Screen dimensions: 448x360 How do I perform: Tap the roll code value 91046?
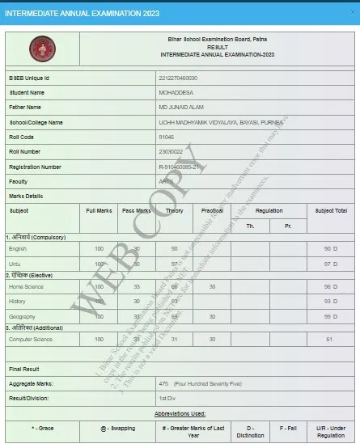[x=168, y=137]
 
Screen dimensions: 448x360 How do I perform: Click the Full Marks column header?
[x=99, y=210]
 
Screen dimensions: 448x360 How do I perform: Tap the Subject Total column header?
[x=330, y=210]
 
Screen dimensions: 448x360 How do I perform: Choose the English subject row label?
[x=19, y=248]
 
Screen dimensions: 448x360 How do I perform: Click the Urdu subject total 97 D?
[x=329, y=264]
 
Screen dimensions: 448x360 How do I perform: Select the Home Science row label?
[x=27, y=286]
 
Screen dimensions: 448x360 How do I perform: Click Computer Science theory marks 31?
[x=174, y=339]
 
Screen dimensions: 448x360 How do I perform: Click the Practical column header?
[x=212, y=210]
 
